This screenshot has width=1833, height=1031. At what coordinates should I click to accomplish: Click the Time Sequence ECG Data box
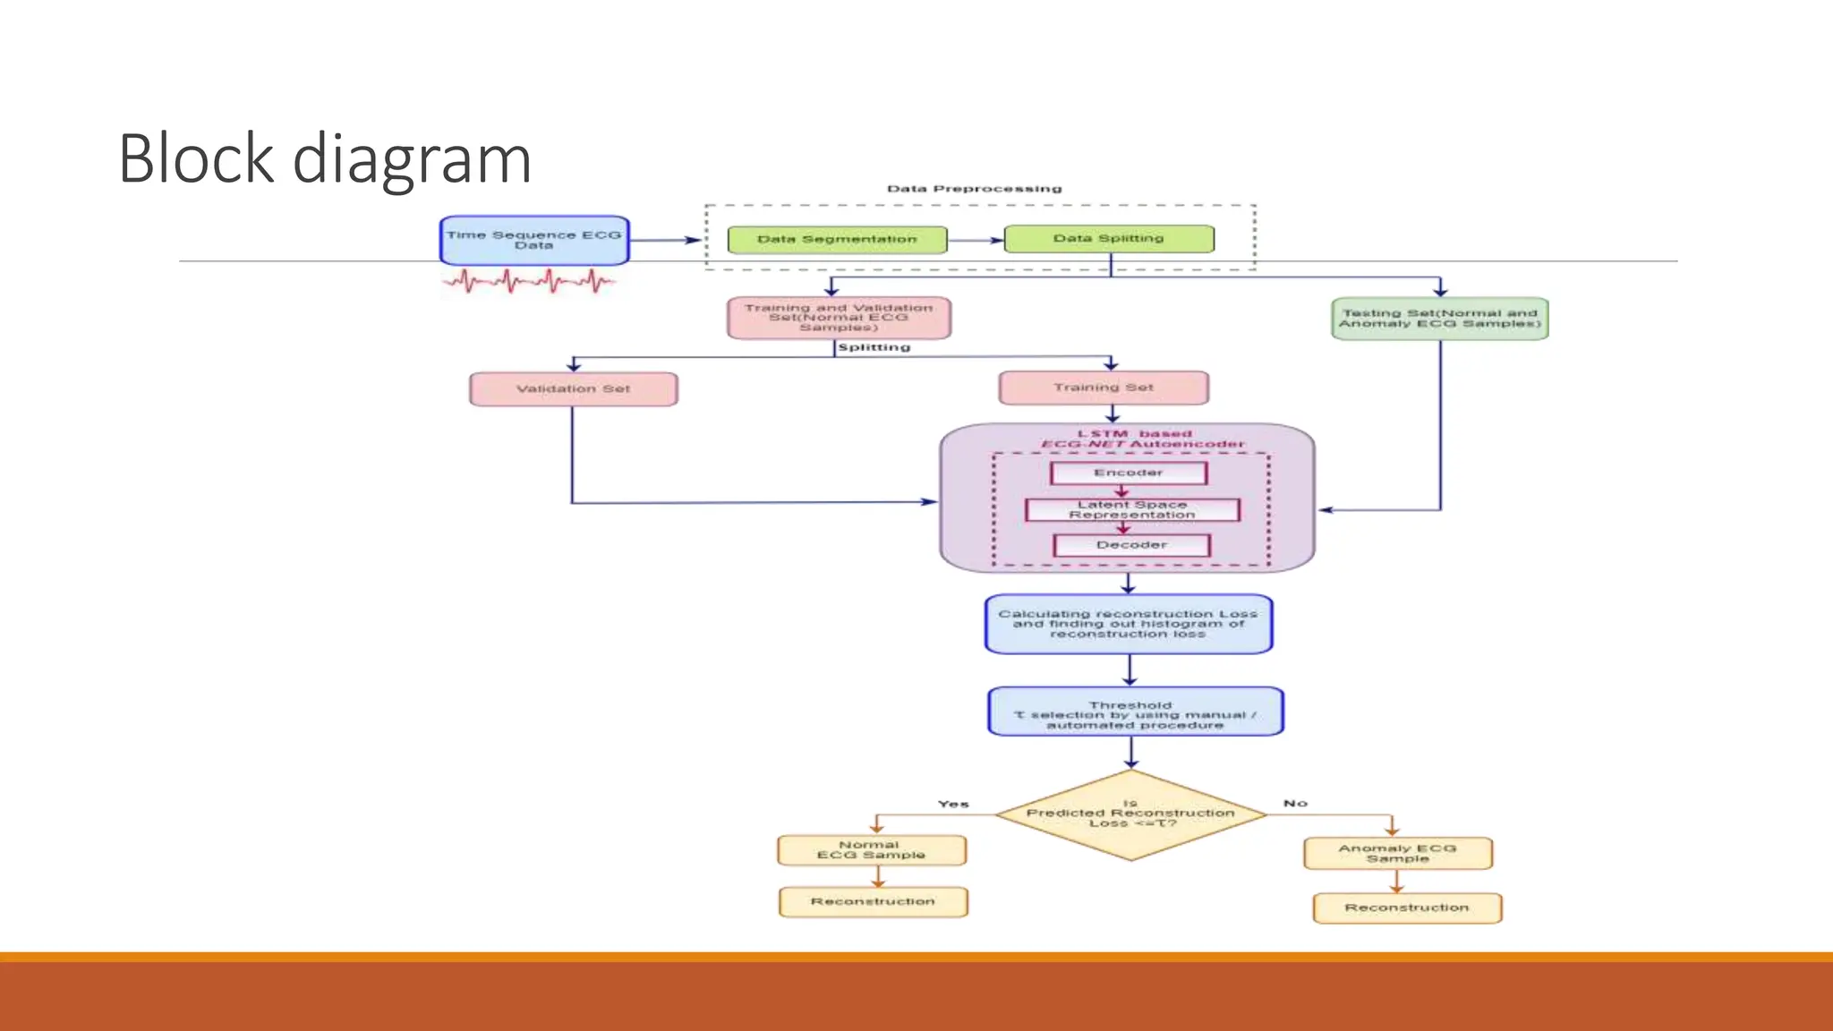click(534, 240)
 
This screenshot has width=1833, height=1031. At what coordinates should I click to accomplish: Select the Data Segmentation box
click(837, 240)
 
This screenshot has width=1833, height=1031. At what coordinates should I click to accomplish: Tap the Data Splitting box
click(1109, 239)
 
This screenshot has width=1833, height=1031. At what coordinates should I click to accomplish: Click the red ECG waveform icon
click(528, 283)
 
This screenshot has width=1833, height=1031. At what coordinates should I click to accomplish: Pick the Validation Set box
click(573, 389)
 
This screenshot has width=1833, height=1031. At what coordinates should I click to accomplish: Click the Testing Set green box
click(1439, 319)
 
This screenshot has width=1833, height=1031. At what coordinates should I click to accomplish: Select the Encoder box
click(1128, 473)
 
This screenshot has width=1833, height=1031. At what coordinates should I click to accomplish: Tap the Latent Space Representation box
click(1131, 510)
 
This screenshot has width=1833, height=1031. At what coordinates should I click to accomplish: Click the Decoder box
click(1131, 545)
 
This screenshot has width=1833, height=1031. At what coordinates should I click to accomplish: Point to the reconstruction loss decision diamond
click(1130, 815)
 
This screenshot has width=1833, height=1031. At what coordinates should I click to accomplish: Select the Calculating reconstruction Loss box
click(1128, 624)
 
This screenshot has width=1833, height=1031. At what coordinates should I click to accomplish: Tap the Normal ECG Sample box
click(871, 850)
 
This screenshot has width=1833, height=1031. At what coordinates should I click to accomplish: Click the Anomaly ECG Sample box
click(1397, 854)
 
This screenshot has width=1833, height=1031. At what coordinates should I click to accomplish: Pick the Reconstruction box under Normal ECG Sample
click(873, 902)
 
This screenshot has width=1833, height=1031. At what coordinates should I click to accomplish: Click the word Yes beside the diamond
click(953, 805)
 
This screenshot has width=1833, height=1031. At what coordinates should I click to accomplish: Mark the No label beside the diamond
click(1295, 804)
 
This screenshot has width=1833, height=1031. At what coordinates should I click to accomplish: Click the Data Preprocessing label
click(974, 189)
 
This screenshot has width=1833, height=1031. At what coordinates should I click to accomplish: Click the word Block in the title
click(195, 159)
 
